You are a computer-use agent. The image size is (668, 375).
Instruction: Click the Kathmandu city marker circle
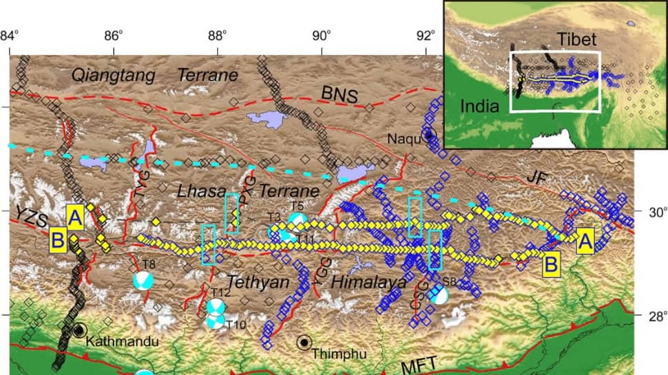pyautogui.click(x=80, y=331)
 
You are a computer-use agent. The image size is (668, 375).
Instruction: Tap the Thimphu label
pyautogui.click(x=334, y=354)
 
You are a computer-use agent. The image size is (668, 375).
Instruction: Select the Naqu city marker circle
pyautogui.click(x=430, y=135)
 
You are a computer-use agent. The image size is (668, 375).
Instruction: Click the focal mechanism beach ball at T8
pyautogui.click(x=143, y=281)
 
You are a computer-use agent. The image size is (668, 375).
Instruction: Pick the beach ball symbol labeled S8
pyautogui.click(x=439, y=294)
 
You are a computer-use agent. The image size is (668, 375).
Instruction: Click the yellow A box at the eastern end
pyautogui.click(x=586, y=240)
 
